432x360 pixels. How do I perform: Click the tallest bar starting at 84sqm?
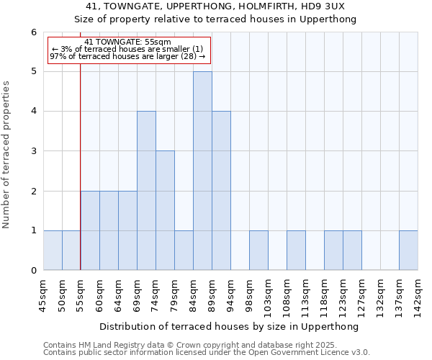coord(202,171)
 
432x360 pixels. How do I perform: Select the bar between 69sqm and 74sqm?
coord(146,191)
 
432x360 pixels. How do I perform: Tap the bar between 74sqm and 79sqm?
coord(165,210)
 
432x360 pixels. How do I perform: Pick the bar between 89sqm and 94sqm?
coord(221,191)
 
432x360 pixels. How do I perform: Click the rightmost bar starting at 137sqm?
coord(408,250)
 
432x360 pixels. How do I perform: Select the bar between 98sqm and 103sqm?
coord(258,250)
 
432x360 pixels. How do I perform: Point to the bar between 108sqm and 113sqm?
coord(296,250)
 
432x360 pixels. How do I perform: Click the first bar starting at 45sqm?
coord(53,250)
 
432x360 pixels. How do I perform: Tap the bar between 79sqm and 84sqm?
coord(184,250)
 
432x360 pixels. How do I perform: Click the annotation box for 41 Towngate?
coord(129,50)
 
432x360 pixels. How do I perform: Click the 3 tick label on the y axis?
coord(33,151)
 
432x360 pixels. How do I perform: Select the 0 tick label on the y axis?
coord(33,271)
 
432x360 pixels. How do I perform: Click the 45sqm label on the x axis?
coord(43,294)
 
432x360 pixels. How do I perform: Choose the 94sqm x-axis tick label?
coord(230,294)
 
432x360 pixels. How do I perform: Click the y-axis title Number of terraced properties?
coord(7,155)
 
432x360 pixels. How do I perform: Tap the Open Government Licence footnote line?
coord(207,353)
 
